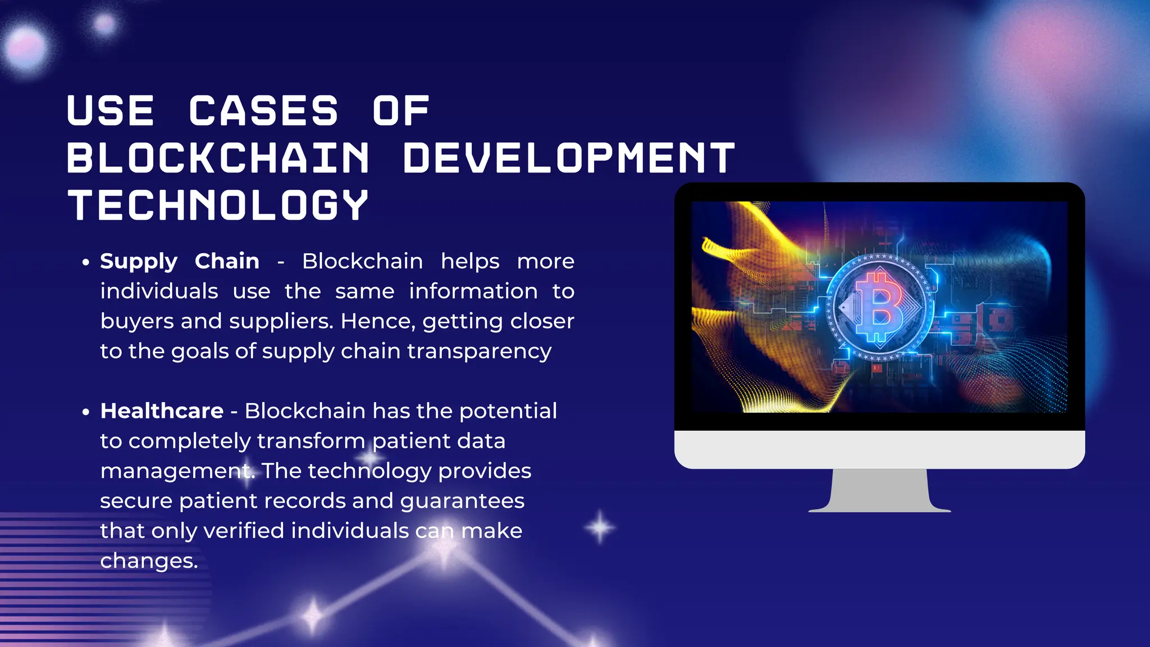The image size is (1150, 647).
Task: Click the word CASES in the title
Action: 263,111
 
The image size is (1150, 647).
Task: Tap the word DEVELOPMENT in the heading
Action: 569,158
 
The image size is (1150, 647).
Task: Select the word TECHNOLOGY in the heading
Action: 218,205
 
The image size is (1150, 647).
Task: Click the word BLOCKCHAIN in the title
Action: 218,158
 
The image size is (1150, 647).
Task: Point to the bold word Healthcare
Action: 162,411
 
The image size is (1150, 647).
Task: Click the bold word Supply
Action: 139,262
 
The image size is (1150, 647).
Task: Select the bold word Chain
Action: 227,261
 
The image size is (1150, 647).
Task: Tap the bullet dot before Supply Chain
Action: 85,262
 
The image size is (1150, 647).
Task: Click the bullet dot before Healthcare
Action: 85,412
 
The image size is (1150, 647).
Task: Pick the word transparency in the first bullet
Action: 479,352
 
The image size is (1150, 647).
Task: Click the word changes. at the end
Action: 149,561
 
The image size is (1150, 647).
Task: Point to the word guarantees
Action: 462,501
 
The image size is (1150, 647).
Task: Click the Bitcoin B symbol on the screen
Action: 879,307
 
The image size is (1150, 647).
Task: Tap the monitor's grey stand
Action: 879,490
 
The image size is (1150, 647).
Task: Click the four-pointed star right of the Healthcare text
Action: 600,527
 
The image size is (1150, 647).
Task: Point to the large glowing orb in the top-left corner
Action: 26,48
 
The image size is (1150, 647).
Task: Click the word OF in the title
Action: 401,111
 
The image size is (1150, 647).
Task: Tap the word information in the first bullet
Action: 473,291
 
